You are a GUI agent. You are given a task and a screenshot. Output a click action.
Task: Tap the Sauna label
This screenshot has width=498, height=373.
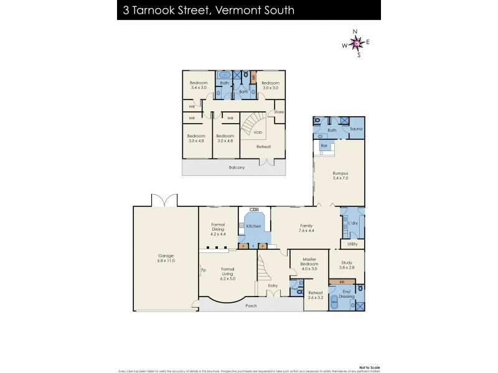pos(355,129)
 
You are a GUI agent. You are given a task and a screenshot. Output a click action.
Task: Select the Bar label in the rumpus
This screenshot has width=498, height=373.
pos(324,145)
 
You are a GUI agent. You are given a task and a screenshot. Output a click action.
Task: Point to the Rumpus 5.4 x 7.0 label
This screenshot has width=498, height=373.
pos(340,175)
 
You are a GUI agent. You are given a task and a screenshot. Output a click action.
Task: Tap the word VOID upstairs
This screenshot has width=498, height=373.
pos(258,132)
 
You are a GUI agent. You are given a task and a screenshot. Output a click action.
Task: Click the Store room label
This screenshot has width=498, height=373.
pos(278,113)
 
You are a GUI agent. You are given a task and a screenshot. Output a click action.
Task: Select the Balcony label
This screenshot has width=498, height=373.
pos(236,167)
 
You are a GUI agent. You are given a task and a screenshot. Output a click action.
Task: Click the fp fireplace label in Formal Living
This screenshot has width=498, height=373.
pos(203,270)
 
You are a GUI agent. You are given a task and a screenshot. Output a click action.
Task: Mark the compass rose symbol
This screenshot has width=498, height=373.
pos(355,43)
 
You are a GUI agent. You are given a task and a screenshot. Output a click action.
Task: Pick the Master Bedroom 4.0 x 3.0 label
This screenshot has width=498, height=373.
pos(309,264)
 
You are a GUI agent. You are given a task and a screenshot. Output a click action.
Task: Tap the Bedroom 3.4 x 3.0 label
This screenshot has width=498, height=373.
pos(199,85)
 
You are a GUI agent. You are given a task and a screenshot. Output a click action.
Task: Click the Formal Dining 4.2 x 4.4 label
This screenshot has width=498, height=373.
pos(217,229)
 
